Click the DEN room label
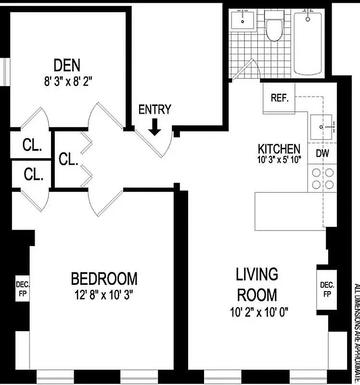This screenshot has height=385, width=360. (x=67, y=64)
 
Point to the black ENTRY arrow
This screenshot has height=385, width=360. (x=154, y=127)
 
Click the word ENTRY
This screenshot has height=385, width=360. (x=154, y=110)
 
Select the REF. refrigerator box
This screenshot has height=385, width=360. (x=279, y=98)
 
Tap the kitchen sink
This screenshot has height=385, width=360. (x=322, y=128)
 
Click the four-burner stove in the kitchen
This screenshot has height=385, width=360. (x=322, y=179)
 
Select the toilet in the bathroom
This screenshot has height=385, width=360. (x=275, y=28)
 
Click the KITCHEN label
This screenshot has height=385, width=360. (x=279, y=149)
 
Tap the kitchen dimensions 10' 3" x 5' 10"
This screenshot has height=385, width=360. (x=279, y=160)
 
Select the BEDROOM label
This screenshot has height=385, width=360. (x=104, y=278)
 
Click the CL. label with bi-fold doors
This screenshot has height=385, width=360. (x=68, y=159)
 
